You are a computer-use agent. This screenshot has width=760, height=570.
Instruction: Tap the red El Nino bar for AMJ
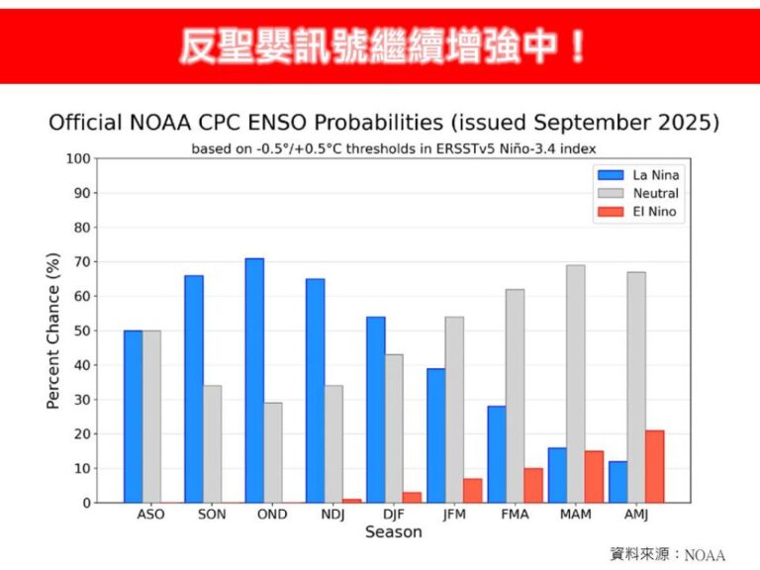pos(654,466)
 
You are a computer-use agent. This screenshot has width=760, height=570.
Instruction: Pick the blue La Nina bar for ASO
pos(134,417)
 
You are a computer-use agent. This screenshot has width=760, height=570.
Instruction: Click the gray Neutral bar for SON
pos(212,444)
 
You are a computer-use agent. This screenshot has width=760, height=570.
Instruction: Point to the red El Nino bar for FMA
pos(532,485)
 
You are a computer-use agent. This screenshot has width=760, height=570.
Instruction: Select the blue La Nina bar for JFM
pos(435,435)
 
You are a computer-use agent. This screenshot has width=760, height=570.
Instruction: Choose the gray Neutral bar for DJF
pos(394,428)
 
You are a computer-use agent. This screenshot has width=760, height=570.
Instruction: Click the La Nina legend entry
pos(654,175)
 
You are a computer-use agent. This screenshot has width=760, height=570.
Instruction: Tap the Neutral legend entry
pos(654,193)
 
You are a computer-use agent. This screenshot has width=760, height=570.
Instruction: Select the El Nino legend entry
pos(654,211)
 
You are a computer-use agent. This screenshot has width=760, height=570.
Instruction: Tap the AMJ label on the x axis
pos(636,516)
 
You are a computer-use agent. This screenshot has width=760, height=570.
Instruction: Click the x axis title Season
pos(393,532)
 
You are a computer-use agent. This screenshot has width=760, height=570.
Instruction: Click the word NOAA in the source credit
pos(705,554)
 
